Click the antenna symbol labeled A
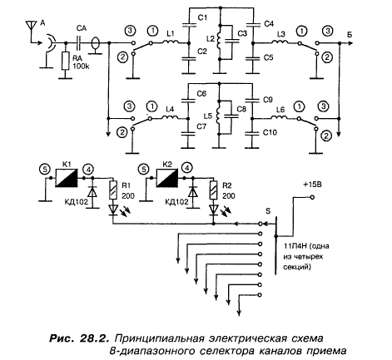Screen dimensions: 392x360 [31, 27]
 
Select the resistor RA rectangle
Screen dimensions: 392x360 [65, 61]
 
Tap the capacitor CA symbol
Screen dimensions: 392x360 [80, 43]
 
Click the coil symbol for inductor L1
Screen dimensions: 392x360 [171, 42]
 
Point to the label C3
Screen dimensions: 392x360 [242, 33]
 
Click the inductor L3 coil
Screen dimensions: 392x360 [280, 42]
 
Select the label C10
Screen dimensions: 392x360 [270, 132]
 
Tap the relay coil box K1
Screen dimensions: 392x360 [67, 178]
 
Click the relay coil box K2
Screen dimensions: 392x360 [167, 178]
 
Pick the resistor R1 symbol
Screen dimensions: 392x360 [113, 190]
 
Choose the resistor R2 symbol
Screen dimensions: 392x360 [214, 190]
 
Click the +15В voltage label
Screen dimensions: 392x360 [312, 185]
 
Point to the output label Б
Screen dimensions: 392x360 [350, 35]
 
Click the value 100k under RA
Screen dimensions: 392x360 [81, 67]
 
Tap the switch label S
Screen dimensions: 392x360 [268, 211]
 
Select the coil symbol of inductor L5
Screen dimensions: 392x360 [219, 116]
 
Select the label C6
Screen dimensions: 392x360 [201, 94]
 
